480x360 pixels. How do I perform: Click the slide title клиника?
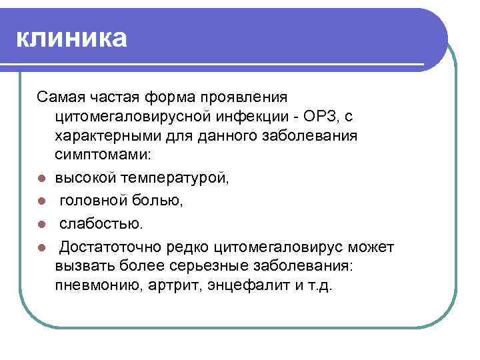pyautogui.click(x=71, y=38)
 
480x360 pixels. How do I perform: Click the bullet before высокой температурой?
pyautogui.click(x=41, y=179)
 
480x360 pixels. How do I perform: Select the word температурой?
pyautogui.click(x=175, y=178)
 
